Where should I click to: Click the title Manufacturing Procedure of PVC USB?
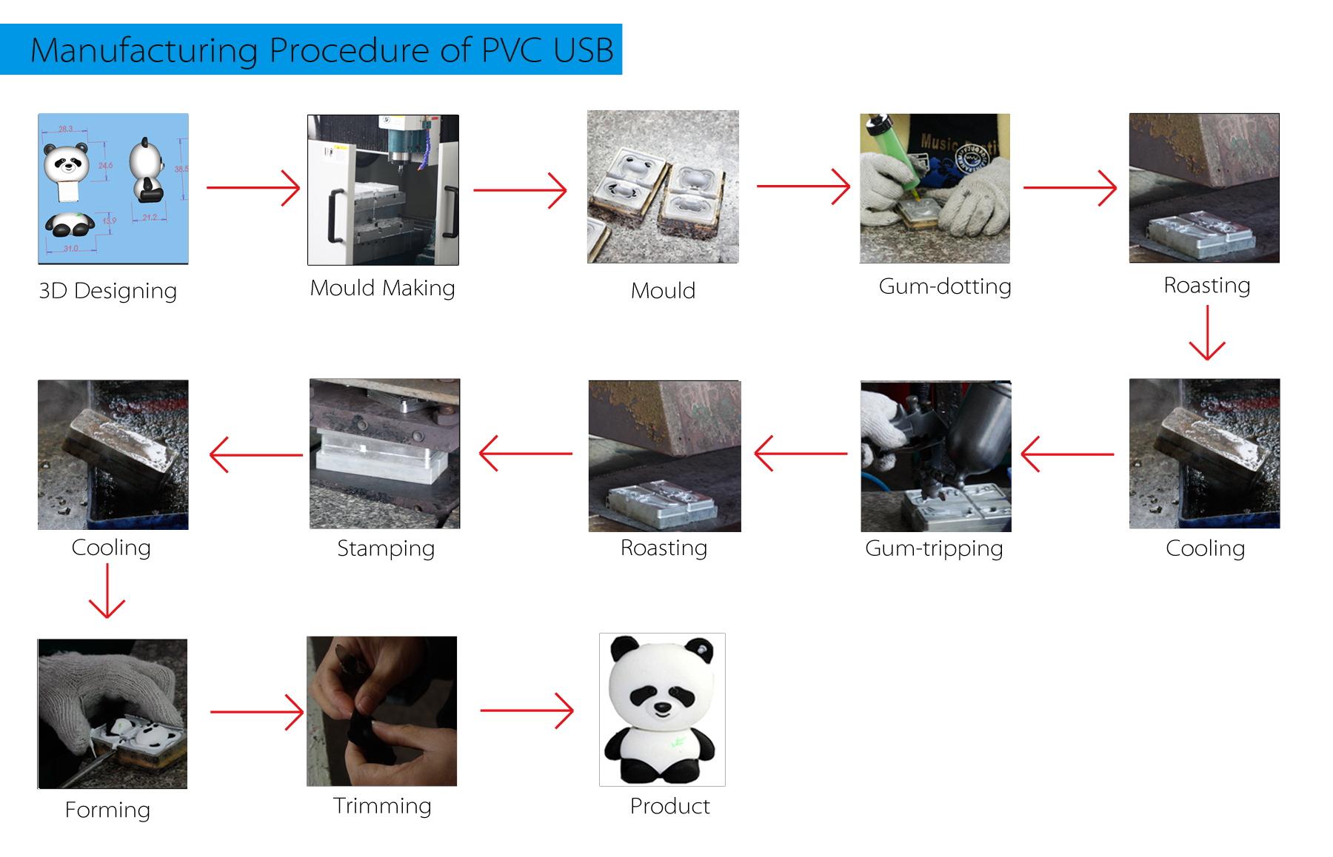321,50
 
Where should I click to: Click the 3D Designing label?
108,291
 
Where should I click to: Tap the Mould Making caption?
382,288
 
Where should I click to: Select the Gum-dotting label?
944,286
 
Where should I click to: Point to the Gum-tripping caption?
934,548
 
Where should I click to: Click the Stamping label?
386,548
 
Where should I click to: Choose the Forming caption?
108,810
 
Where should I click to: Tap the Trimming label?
382,805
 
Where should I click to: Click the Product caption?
669,806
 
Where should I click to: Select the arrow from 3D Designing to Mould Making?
253,188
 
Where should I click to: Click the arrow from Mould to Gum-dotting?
804,186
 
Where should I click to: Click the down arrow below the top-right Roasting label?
1207,333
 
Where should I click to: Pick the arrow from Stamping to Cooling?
256,454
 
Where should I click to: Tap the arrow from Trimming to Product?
527,710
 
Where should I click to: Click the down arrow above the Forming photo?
107,591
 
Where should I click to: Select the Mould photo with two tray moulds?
663,186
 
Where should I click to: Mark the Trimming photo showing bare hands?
381,710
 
